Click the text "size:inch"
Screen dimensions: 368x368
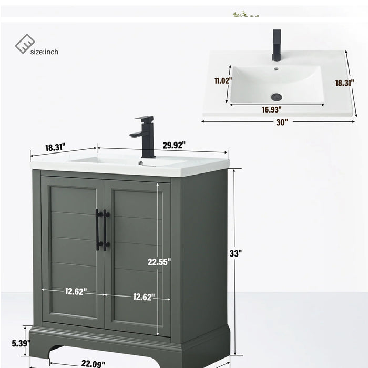(44, 51)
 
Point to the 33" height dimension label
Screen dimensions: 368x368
(236, 253)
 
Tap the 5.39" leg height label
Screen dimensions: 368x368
(21, 344)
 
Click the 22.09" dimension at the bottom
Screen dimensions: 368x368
(93, 363)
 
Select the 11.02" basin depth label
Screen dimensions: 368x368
(223, 81)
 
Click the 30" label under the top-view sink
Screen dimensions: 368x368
(282, 122)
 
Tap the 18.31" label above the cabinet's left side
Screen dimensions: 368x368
(55, 148)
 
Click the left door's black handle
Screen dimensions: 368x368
(98, 229)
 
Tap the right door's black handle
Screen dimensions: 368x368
(106, 229)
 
